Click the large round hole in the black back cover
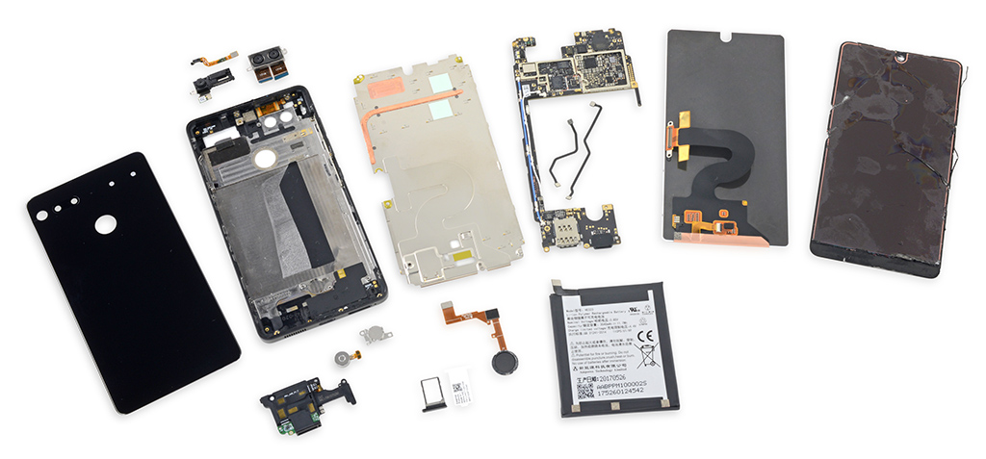[x=105, y=224]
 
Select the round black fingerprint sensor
[x=505, y=363]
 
